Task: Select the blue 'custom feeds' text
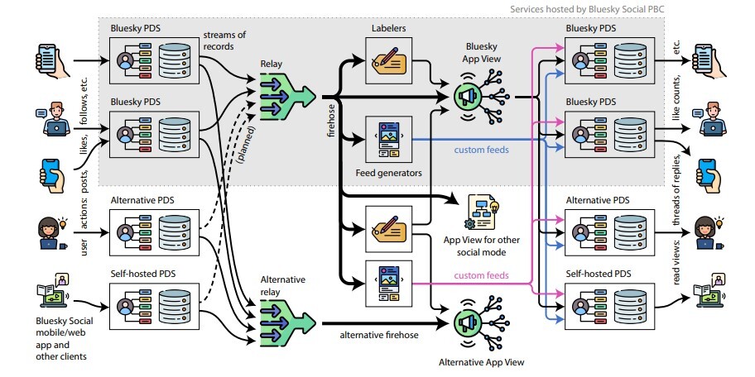pos(482,150)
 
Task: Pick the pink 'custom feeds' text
pos(481,275)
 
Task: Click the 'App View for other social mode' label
pos(481,246)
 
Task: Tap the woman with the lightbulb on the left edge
pos(48,231)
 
